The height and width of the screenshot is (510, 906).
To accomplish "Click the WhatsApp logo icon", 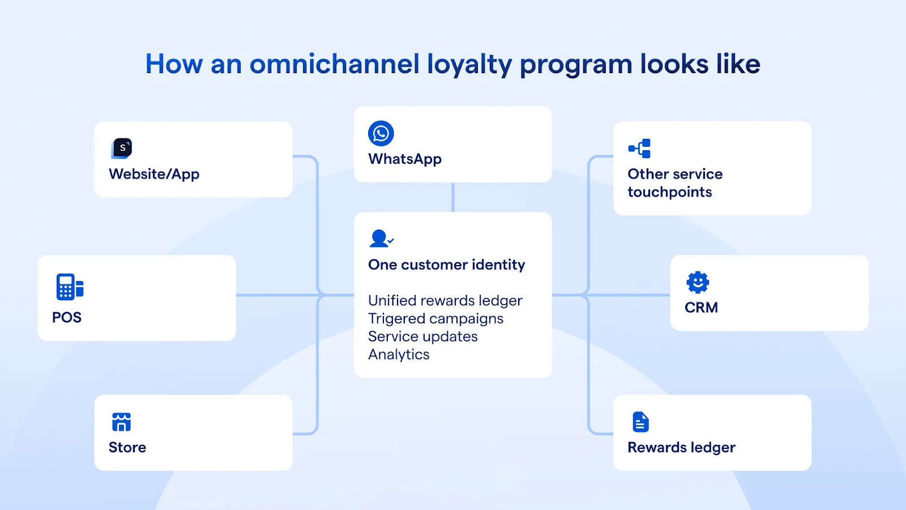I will [x=381, y=134].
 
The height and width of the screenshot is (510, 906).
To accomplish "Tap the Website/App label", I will [x=154, y=174].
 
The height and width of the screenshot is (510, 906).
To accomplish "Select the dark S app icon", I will [x=122, y=148].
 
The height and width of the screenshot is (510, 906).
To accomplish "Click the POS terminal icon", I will [x=70, y=287].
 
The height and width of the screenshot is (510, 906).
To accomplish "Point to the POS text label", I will [x=67, y=317].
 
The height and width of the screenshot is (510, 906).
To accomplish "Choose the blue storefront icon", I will [x=121, y=422].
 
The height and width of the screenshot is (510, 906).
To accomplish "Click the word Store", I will [x=127, y=448].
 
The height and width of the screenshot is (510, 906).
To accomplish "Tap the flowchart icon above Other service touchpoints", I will [x=640, y=148].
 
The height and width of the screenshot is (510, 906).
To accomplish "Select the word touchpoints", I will [x=670, y=192].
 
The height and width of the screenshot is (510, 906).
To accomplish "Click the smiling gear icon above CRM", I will [x=698, y=282].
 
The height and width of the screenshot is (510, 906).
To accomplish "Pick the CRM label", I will [x=701, y=308].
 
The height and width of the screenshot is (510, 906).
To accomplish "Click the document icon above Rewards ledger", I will [x=640, y=422].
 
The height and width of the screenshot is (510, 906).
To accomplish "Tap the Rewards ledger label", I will [x=681, y=448].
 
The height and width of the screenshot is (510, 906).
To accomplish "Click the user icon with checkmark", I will [x=381, y=239].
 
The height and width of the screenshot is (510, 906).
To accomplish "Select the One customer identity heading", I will [x=446, y=265].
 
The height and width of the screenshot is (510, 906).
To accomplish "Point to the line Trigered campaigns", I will [x=435, y=318].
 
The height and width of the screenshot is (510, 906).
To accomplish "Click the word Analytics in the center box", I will [x=399, y=355].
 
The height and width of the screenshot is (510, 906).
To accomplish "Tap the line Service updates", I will [x=423, y=337].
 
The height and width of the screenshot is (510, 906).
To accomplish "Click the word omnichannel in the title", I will [x=334, y=64].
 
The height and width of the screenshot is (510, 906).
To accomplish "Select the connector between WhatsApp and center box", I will [x=453, y=197].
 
